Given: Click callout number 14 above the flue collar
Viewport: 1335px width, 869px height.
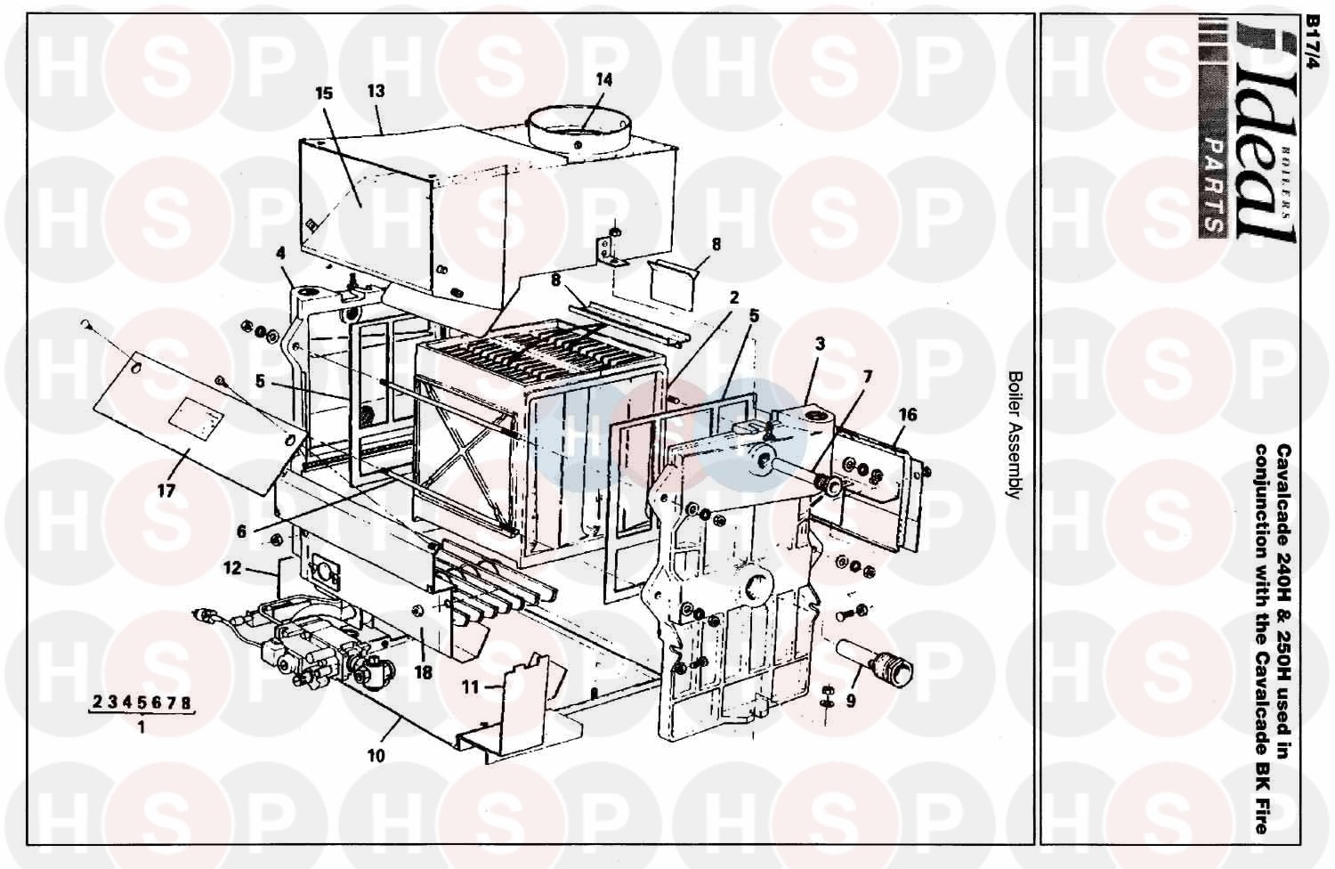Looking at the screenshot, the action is coord(603,80).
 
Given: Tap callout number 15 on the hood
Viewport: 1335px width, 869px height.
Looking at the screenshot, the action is coord(324,93).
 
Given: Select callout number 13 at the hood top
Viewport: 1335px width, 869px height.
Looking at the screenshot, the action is coord(376,91).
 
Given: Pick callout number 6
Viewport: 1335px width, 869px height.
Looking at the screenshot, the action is coord(241,531).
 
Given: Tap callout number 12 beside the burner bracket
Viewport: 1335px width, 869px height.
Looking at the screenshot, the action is coord(231,568).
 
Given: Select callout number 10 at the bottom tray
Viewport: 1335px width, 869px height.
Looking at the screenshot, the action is coord(376,756).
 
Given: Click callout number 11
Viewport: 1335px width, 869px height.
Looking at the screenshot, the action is coord(470,687).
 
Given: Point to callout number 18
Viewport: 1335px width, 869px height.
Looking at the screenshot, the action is coord(423,673).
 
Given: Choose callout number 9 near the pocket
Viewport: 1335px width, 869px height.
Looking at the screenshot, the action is coord(851,701).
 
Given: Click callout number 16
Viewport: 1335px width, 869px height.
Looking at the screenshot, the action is coord(908,415).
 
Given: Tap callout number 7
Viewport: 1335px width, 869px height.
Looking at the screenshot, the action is coord(868,377).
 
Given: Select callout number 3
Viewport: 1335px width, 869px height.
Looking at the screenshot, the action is coord(820,345).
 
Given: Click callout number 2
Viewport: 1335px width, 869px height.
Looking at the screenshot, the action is coord(733,297).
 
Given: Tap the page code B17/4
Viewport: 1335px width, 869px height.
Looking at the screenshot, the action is coord(1313,43).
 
